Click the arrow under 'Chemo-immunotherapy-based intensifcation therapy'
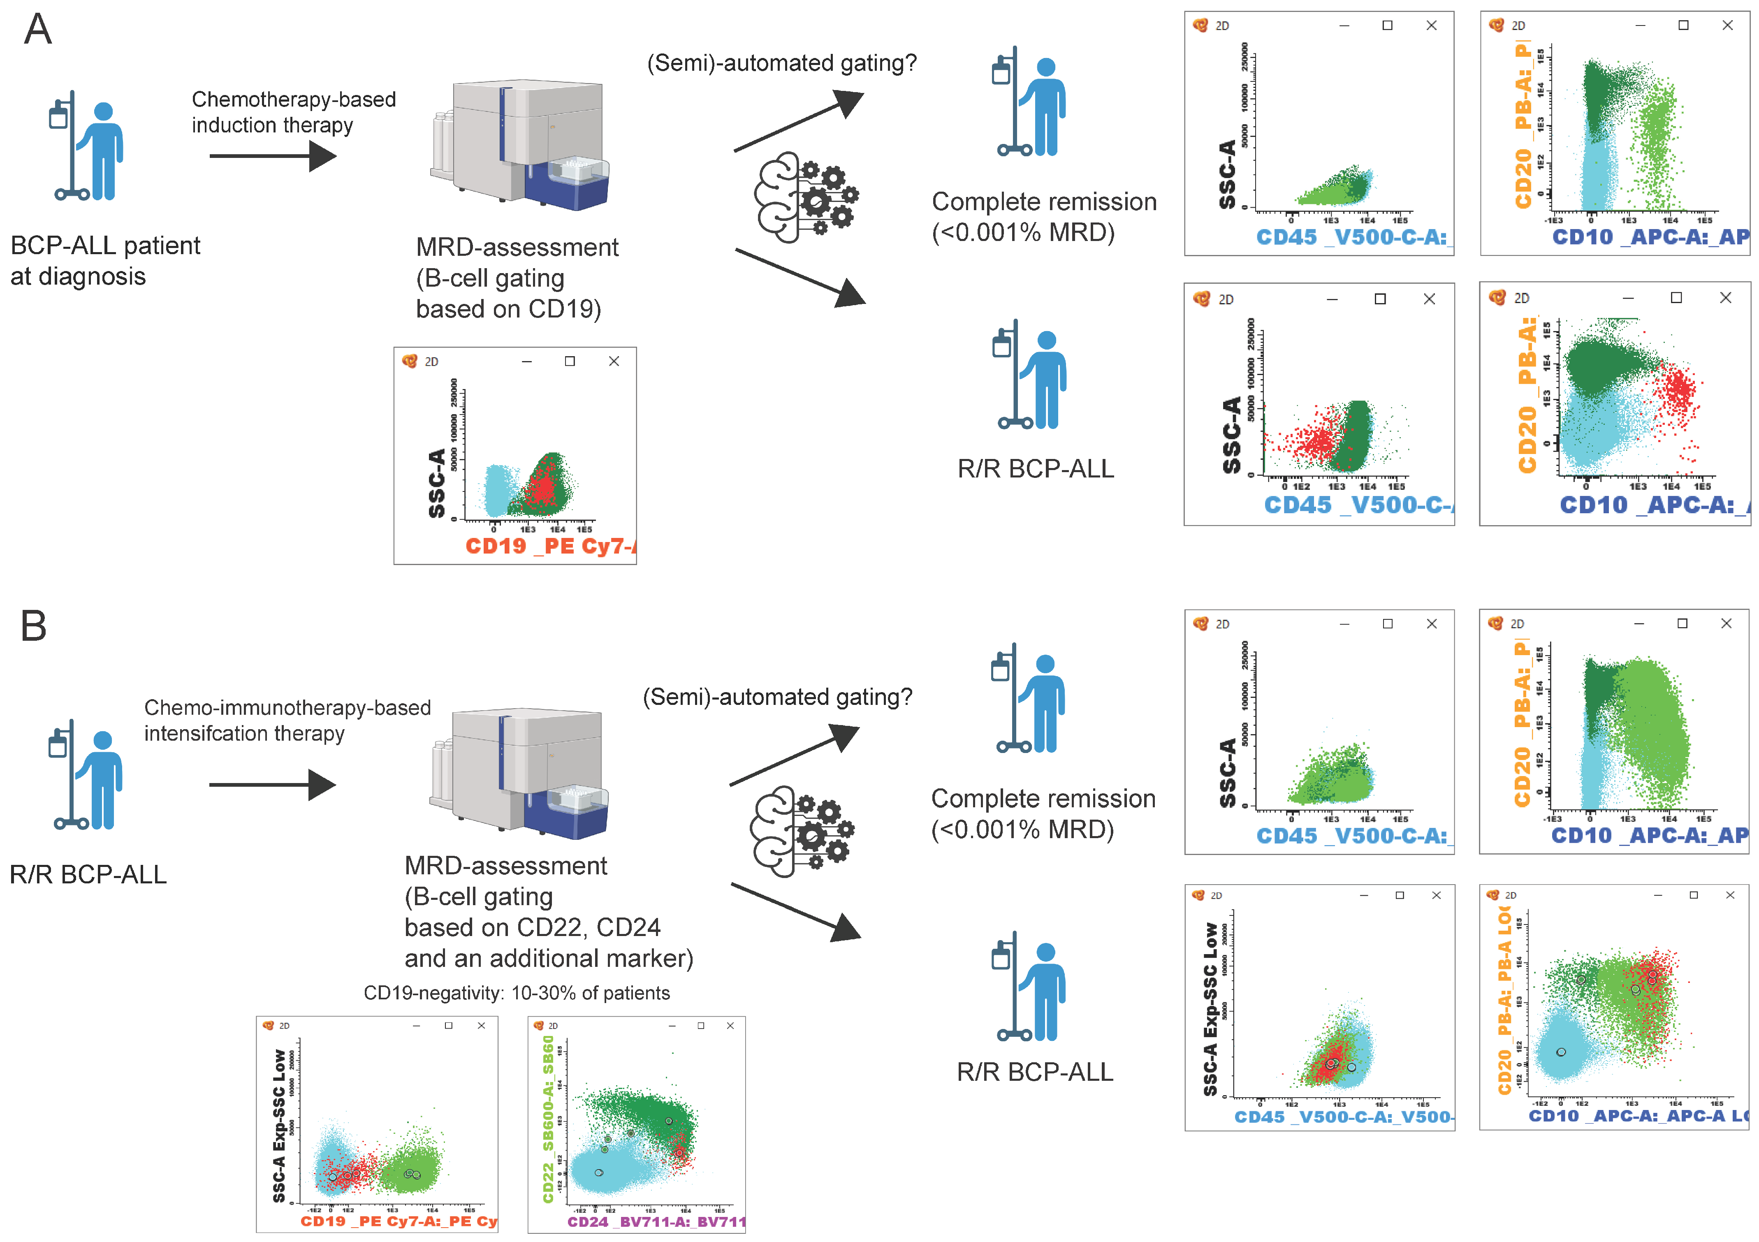pos(272,785)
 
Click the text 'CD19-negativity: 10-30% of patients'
pos(517,993)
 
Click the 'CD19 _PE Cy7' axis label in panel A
pos(550,546)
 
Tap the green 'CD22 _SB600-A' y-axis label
pos(548,1119)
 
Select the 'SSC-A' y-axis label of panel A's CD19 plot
pos(437,483)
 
